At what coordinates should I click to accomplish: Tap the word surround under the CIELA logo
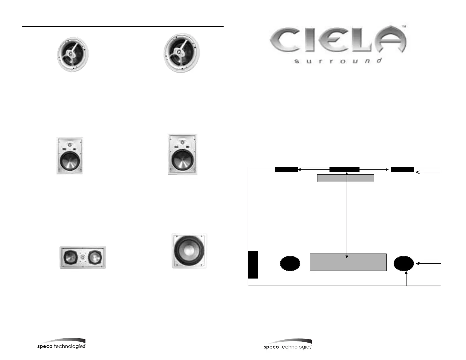(x=338, y=61)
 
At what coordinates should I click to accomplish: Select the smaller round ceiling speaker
(x=73, y=54)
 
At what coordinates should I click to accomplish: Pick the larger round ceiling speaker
(x=182, y=53)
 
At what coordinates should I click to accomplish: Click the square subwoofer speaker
(x=189, y=251)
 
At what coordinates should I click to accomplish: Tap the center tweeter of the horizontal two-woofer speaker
(x=83, y=257)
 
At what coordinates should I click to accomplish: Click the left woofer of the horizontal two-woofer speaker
(x=70, y=258)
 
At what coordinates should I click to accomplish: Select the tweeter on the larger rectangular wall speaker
(x=182, y=142)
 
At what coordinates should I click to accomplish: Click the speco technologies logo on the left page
(x=61, y=344)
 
